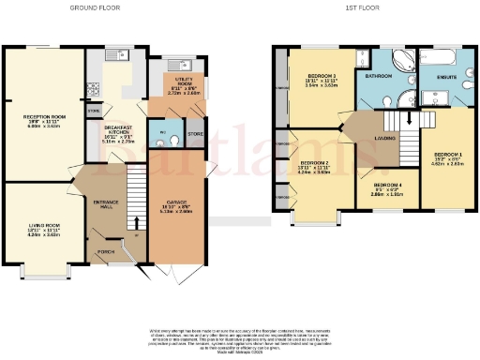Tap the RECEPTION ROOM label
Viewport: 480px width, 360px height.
click(42, 118)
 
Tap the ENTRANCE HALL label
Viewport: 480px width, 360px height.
click(105, 205)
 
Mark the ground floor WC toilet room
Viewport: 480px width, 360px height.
click(162, 134)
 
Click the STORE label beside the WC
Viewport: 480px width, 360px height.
click(194, 134)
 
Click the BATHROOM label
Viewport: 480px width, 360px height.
click(379, 75)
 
